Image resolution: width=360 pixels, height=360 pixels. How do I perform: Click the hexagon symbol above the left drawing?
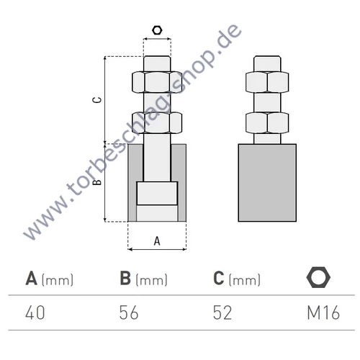coord(157,31)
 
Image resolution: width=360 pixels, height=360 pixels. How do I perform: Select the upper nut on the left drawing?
coord(157,81)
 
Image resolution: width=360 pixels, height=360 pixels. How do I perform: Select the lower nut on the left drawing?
coord(157,123)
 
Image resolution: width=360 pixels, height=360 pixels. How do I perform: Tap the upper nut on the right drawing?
coord(267,82)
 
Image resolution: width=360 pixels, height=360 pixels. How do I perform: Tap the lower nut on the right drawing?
coord(267,123)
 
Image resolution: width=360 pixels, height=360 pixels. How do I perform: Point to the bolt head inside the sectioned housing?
coord(157,193)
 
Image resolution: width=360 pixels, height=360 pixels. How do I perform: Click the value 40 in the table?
coord(37,312)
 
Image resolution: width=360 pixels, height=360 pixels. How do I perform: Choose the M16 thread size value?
coord(320,312)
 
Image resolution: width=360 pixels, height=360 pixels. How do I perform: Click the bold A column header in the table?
coord(32,278)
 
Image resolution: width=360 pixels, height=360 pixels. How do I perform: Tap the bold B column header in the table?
coord(125,278)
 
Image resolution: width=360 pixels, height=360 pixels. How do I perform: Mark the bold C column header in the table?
coord(220,278)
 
